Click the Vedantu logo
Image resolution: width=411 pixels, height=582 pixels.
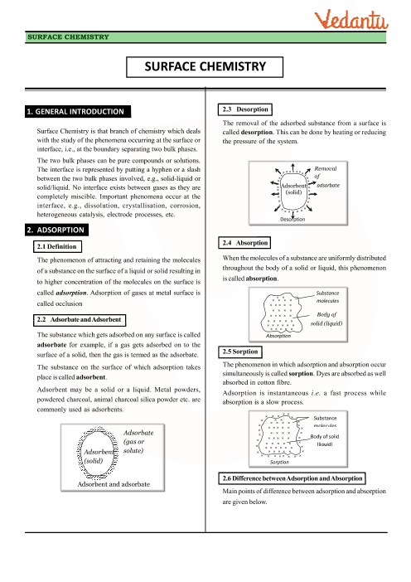point(351,21)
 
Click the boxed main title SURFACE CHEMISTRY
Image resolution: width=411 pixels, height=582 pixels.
point(205,67)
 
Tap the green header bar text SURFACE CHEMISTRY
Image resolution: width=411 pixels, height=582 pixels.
point(68,37)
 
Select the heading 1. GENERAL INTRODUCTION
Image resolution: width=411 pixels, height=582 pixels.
point(78,112)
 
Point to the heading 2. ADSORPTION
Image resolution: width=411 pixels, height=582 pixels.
point(56,230)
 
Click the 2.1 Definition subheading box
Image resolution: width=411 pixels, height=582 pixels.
point(57,246)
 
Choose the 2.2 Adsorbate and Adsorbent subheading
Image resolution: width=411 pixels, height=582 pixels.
point(80,319)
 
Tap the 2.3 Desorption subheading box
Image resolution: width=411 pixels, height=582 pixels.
point(245,109)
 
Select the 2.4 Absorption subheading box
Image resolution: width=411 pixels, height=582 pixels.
point(244,243)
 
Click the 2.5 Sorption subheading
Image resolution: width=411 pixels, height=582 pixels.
point(240,352)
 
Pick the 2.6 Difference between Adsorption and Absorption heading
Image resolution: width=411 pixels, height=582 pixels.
point(292,478)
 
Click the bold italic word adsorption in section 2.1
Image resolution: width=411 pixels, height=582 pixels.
point(71,293)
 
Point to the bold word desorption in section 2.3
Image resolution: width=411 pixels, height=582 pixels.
point(257,133)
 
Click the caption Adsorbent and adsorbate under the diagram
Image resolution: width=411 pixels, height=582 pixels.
point(114,484)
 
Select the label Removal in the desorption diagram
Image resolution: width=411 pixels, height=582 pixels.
point(326,168)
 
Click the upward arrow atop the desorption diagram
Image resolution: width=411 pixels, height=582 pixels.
point(293,167)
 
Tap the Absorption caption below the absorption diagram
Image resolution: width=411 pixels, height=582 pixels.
point(278,336)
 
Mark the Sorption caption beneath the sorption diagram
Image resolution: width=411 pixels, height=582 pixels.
point(279,462)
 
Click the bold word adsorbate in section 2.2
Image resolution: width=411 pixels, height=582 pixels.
point(51,345)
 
